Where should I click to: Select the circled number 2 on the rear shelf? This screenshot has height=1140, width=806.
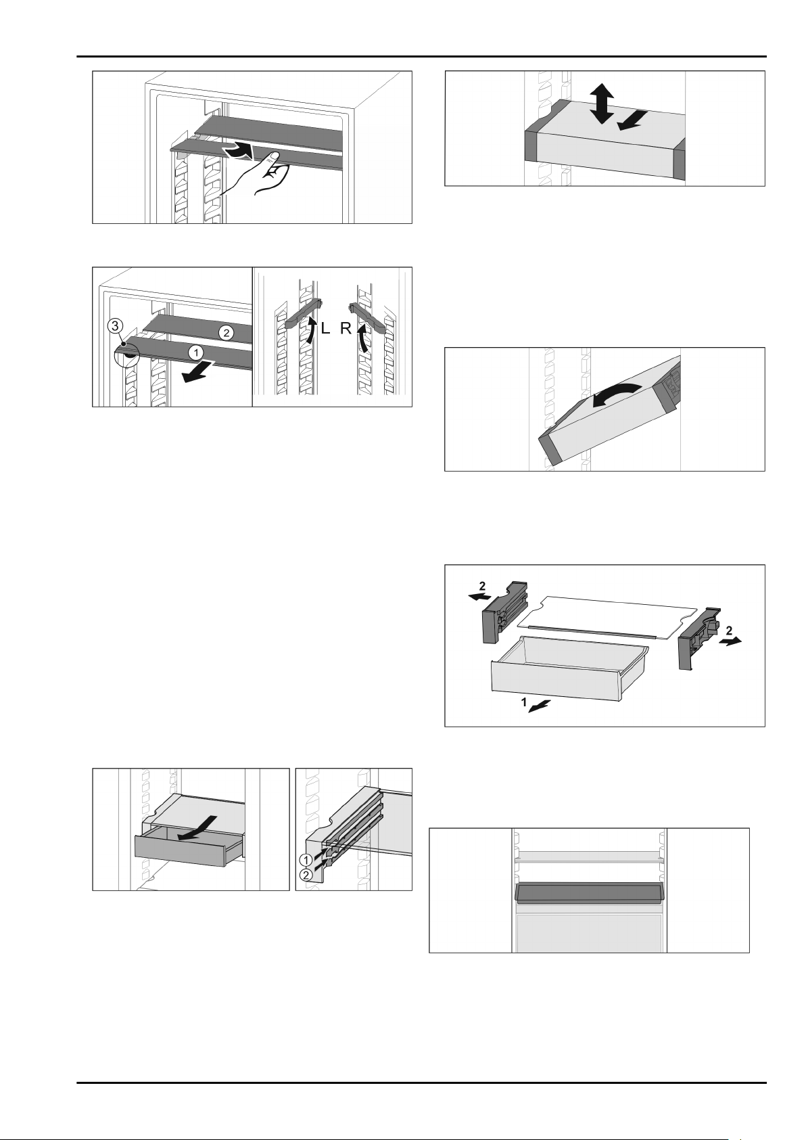tap(226, 334)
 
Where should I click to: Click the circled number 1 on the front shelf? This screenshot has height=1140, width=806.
tap(195, 352)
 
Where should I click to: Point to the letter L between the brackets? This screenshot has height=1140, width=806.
tap(325, 329)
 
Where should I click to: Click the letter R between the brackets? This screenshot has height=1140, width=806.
tap(346, 329)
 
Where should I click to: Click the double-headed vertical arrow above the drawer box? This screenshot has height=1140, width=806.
tap(602, 104)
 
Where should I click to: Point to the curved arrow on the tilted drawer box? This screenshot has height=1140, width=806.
tap(614, 394)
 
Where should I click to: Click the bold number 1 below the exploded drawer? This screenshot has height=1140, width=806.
tap(523, 702)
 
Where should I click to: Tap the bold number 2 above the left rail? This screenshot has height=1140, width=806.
tap(483, 587)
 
